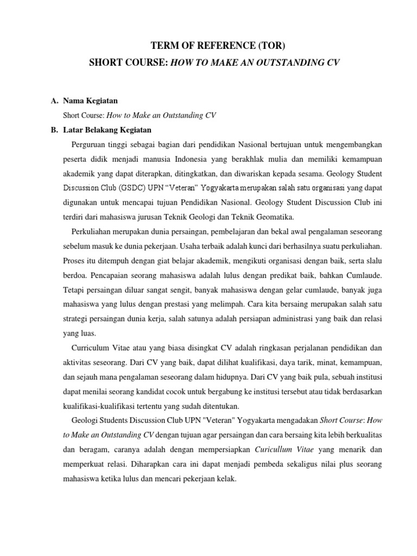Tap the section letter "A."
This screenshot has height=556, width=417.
click(54, 101)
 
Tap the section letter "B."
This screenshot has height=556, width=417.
click(54, 130)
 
